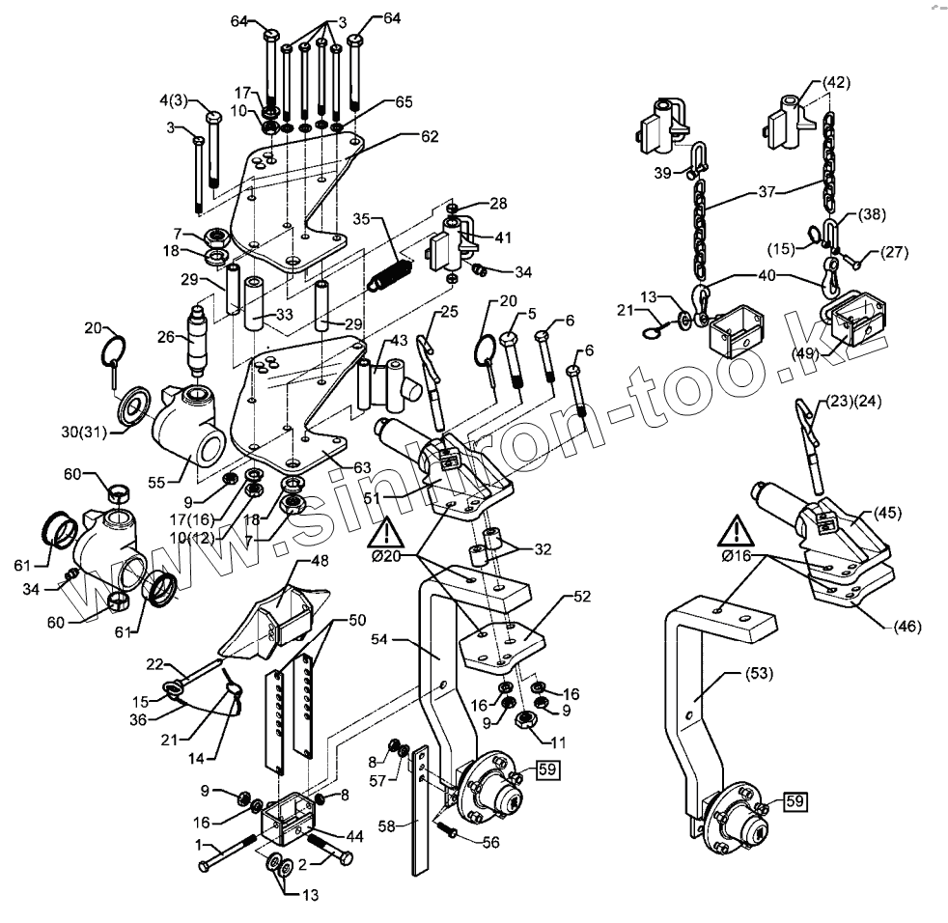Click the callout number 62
tap(430, 137)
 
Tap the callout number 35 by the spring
tap(362, 218)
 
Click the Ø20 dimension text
tap(386, 558)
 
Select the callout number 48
tap(319, 562)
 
